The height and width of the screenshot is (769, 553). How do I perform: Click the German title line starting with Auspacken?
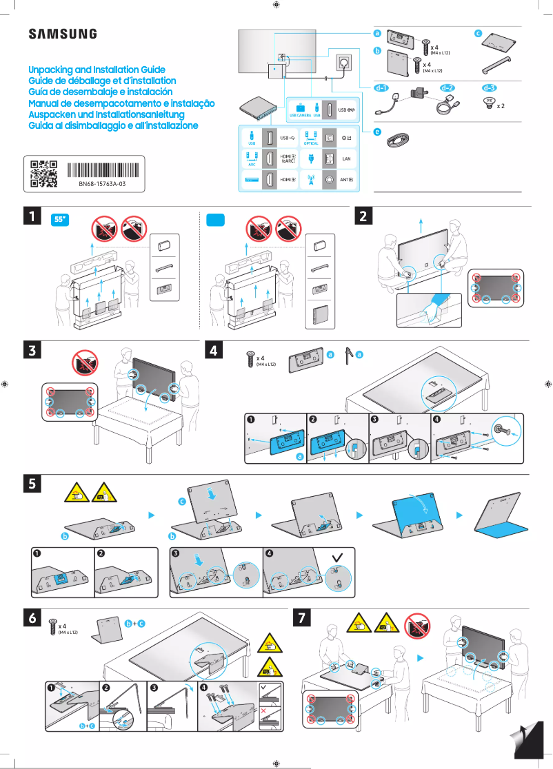click(106, 114)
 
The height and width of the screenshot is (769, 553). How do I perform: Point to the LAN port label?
click(347, 158)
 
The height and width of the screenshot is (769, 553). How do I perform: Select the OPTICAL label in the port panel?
click(311, 143)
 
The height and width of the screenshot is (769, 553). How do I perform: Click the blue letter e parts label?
click(377, 131)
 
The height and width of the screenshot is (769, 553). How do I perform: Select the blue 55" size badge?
click(61, 220)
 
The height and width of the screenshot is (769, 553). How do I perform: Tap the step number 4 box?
click(215, 350)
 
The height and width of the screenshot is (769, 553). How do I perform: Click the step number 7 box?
click(302, 618)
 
